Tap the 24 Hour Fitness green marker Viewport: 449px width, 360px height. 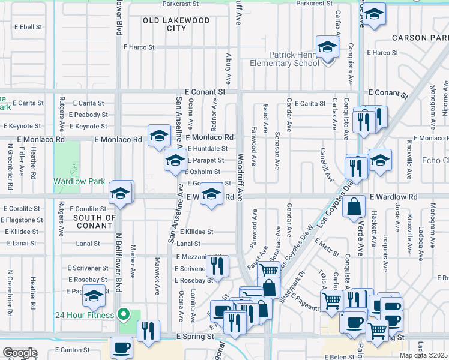point(124,313)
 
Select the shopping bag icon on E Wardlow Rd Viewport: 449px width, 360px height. point(355,207)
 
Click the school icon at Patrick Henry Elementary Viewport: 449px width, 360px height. point(328,47)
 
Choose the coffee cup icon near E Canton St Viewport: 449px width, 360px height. point(122,347)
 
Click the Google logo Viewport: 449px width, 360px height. point(20,353)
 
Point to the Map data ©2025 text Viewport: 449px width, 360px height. point(424,355)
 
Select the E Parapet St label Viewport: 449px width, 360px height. point(205,160)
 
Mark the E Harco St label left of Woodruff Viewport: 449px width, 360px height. point(139,47)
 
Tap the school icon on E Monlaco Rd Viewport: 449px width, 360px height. point(159,136)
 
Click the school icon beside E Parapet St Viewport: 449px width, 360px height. point(175,161)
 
